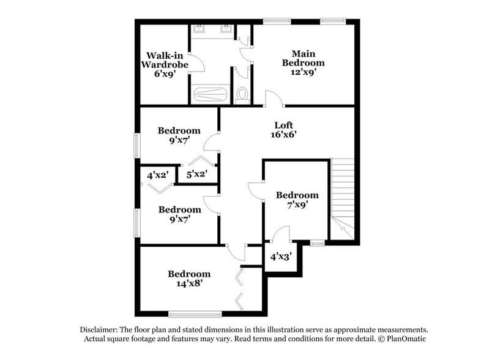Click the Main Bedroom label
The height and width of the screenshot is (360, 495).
303,58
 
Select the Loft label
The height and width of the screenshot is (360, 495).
285,125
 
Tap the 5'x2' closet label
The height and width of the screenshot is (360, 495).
196,174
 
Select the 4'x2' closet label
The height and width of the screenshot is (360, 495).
158,174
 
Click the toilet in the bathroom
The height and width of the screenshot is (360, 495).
242,94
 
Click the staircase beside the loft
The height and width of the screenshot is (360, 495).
343,196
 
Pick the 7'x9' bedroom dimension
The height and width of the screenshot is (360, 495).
296,204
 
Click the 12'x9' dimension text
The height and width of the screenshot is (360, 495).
303,72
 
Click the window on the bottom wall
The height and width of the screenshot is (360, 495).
195,314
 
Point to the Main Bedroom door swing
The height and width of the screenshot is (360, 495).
272,98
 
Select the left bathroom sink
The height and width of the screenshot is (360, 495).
199,29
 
